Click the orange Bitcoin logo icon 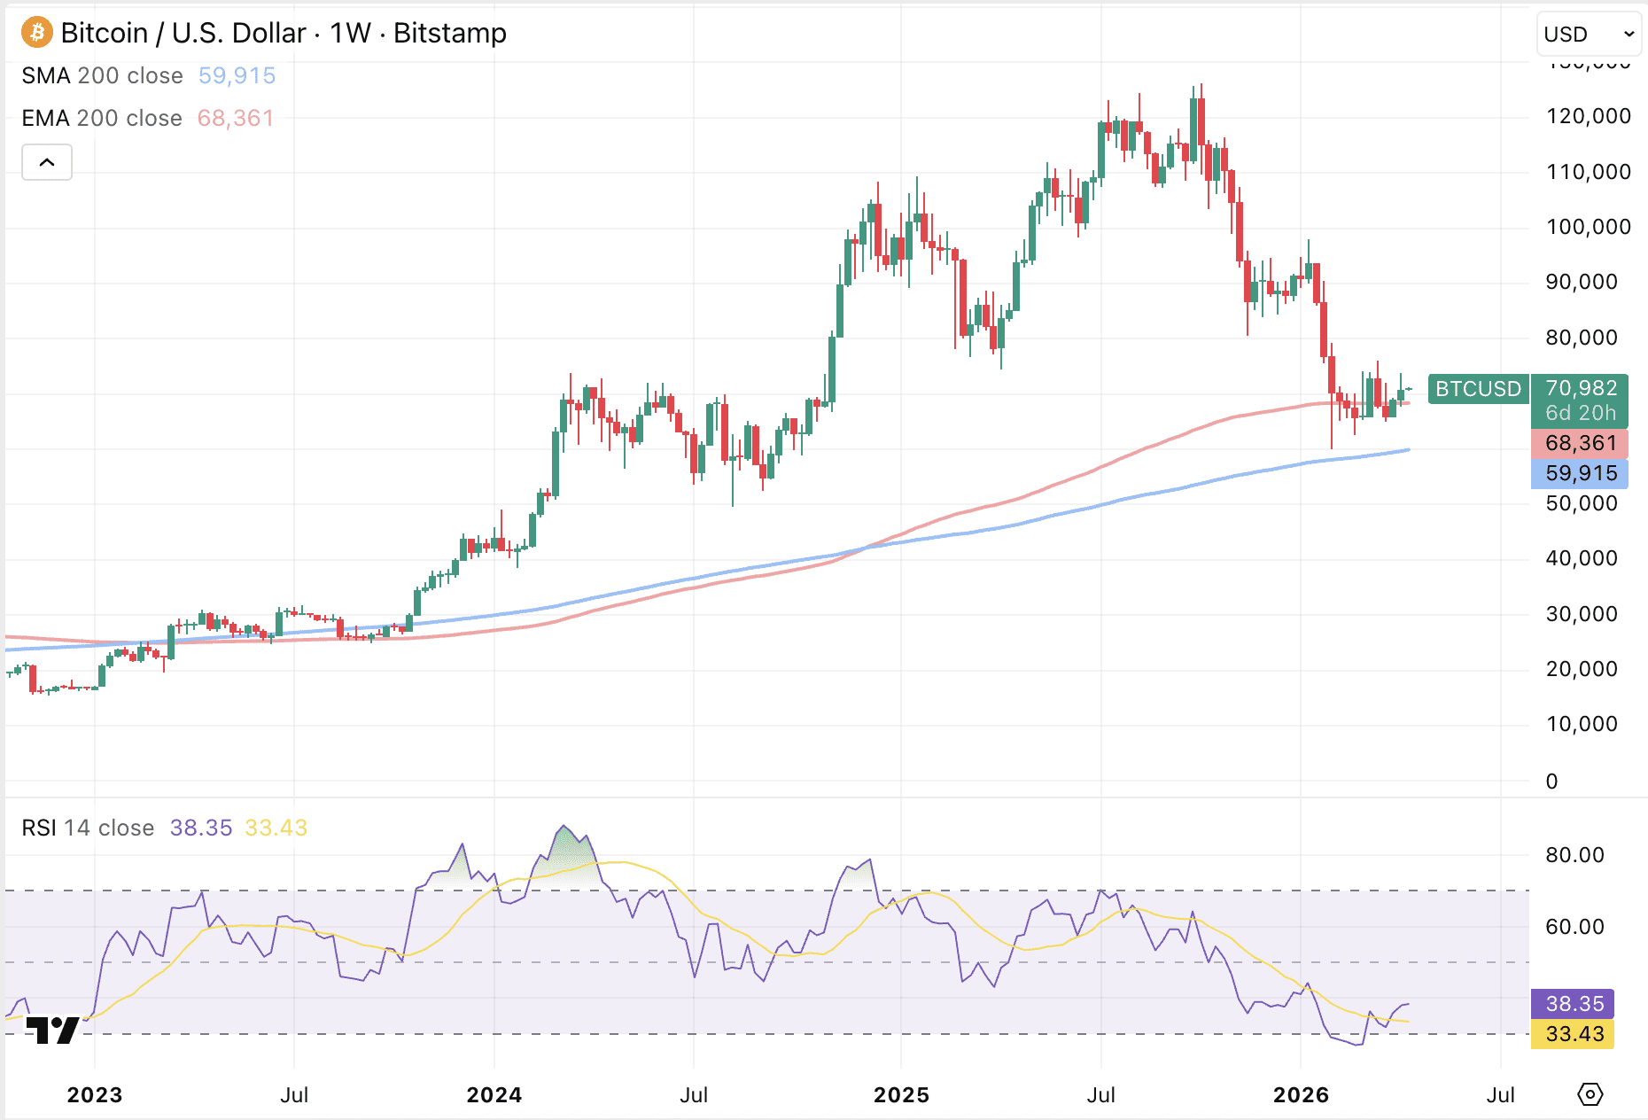(x=37, y=33)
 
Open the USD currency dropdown (x=1589, y=35)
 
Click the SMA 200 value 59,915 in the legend (x=237, y=76)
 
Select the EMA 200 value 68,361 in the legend (x=236, y=119)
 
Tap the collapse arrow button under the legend (x=47, y=162)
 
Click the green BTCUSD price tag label (x=1478, y=389)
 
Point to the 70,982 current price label (x=1581, y=388)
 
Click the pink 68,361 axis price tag (x=1581, y=443)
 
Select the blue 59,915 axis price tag (x=1581, y=473)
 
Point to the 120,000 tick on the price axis (x=1588, y=116)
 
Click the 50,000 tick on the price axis (x=1581, y=503)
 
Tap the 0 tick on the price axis (x=1551, y=782)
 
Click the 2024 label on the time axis (x=494, y=1095)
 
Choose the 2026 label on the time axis (x=1301, y=1095)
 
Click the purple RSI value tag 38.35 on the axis (x=1574, y=1004)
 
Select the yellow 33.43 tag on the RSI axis (x=1574, y=1034)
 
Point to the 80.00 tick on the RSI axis (x=1574, y=855)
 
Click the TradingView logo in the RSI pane (x=52, y=1030)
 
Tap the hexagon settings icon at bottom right (x=1590, y=1094)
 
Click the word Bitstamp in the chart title (x=450, y=34)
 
